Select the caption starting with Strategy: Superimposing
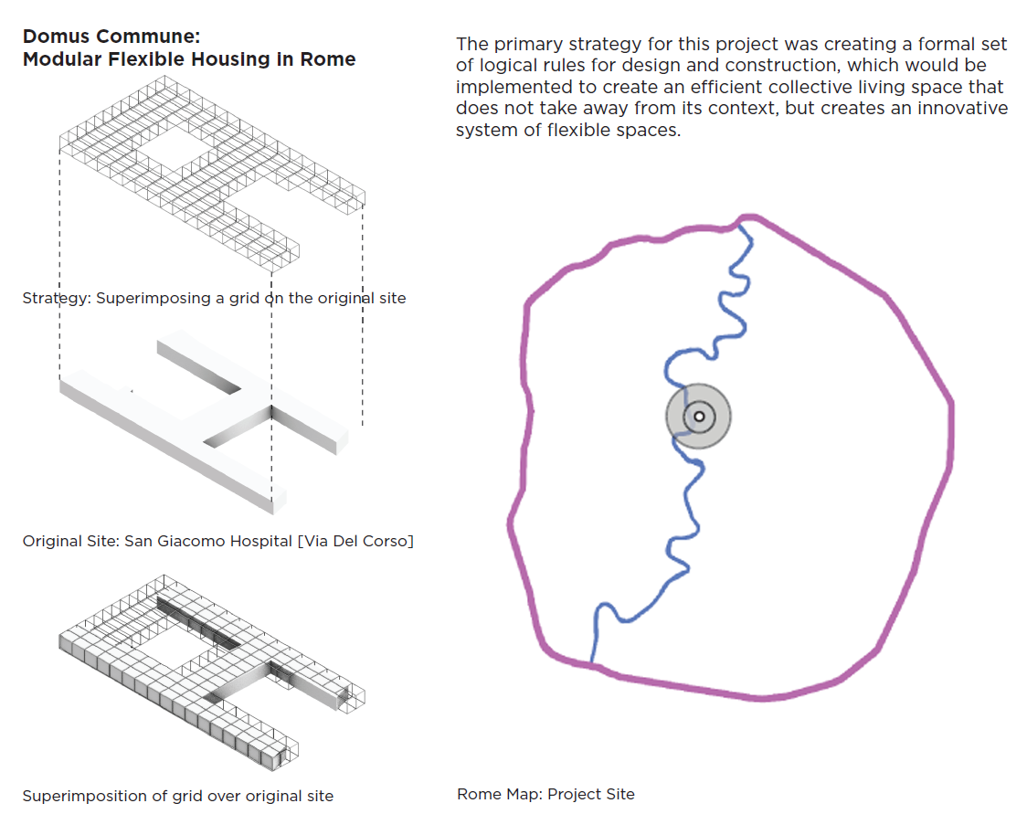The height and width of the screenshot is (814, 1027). [x=214, y=298]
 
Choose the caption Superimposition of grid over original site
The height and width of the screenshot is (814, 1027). [x=177, y=796]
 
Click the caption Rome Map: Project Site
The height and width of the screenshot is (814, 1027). [x=545, y=793]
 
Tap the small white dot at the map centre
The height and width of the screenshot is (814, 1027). [x=699, y=417]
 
